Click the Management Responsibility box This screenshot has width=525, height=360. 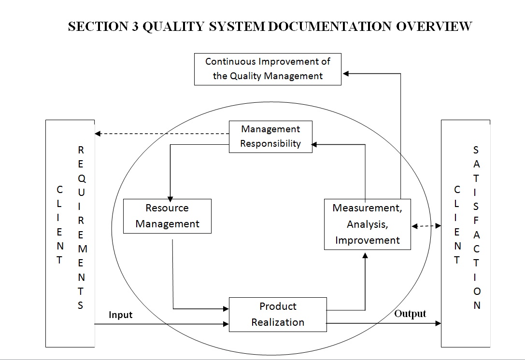point(270,137)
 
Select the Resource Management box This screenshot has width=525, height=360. point(167,216)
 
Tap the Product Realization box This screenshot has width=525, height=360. point(278,314)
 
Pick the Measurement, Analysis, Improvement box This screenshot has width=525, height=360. point(367,224)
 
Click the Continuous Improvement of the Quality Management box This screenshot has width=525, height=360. point(268,69)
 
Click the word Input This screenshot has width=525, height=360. point(121,315)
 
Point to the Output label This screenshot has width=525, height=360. point(410,314)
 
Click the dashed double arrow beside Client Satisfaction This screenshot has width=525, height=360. point(426,225)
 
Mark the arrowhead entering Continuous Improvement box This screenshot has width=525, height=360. point(346,73)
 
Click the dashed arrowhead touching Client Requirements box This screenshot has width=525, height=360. point(98,134)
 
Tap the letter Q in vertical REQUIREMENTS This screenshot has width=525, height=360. point(81,178)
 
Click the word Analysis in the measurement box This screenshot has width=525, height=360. point(367,224)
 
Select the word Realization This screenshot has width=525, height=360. point(278,322)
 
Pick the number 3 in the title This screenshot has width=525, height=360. point(134,27)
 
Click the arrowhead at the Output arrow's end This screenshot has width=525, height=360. point(438,323)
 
